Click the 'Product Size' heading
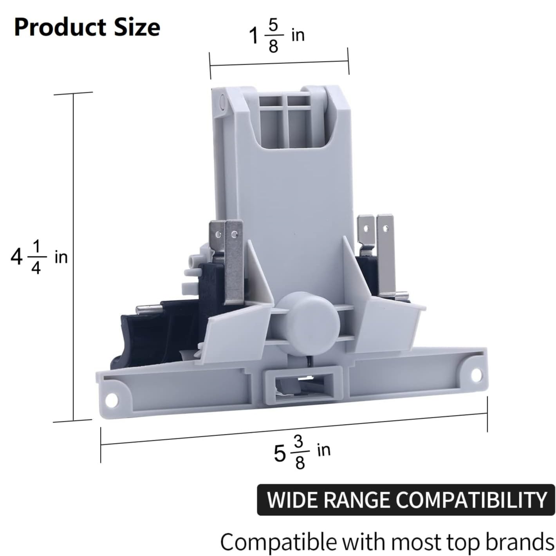pyautogui.click(x=87, y=28)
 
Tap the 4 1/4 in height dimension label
pyautogui.click(x=39, y=257)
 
